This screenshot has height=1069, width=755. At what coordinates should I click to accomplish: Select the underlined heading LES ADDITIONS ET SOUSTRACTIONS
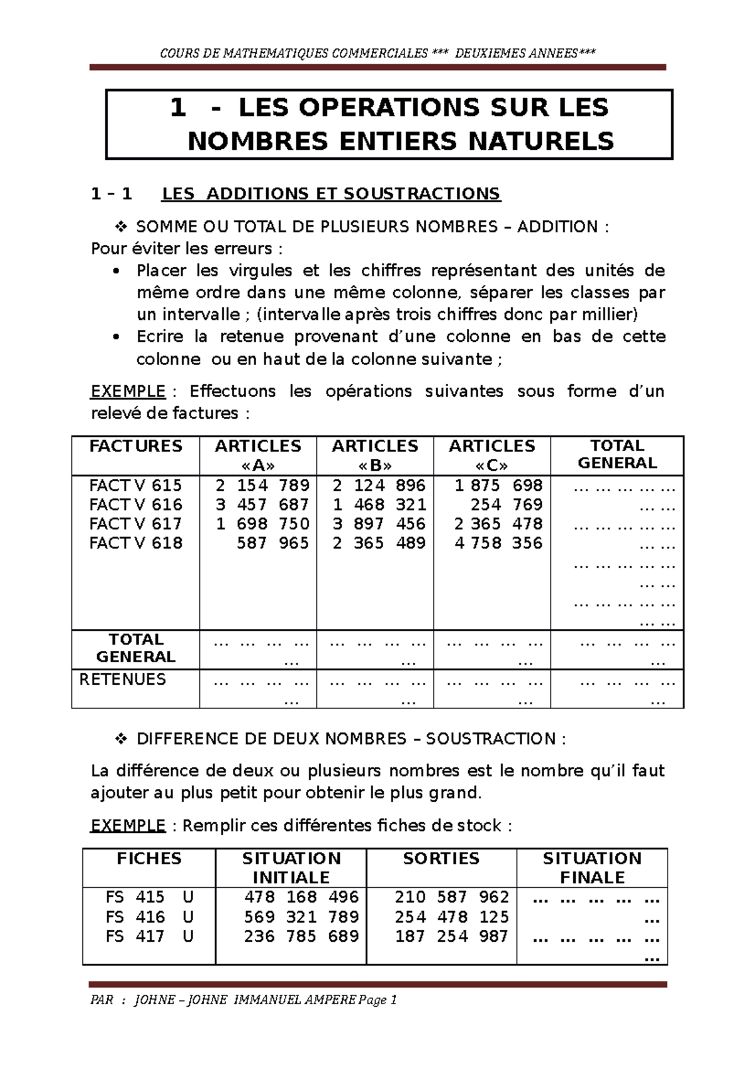click(331, 193)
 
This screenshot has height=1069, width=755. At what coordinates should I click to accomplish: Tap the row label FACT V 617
click(135, 524)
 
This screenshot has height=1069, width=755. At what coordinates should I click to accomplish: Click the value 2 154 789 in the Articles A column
click(262, 485)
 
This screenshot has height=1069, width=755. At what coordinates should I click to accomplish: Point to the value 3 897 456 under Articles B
click(379, 524)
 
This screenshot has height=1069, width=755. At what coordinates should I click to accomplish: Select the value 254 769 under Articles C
click(506, 504)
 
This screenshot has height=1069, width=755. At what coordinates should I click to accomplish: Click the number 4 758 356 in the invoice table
click(498, 543)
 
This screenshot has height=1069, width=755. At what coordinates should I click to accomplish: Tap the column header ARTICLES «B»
click(375, 455)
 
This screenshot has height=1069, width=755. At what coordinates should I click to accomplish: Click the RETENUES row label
click(123, 679)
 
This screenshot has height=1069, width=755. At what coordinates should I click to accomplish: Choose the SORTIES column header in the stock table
click(441, 858)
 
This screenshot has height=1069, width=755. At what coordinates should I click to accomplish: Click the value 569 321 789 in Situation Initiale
click(301, 917)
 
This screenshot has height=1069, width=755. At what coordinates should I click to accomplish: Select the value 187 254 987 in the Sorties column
click(451, 936)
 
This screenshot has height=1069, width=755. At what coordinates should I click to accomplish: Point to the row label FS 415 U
click(149, 897)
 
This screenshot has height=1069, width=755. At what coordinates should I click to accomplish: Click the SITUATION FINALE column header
click(592, 868)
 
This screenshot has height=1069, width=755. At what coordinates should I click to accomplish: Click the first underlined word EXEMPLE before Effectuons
click(128, 391)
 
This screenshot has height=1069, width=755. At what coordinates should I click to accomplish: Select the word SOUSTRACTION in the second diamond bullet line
click(491, 738)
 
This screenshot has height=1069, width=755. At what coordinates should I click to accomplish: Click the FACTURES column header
click(136, 446)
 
